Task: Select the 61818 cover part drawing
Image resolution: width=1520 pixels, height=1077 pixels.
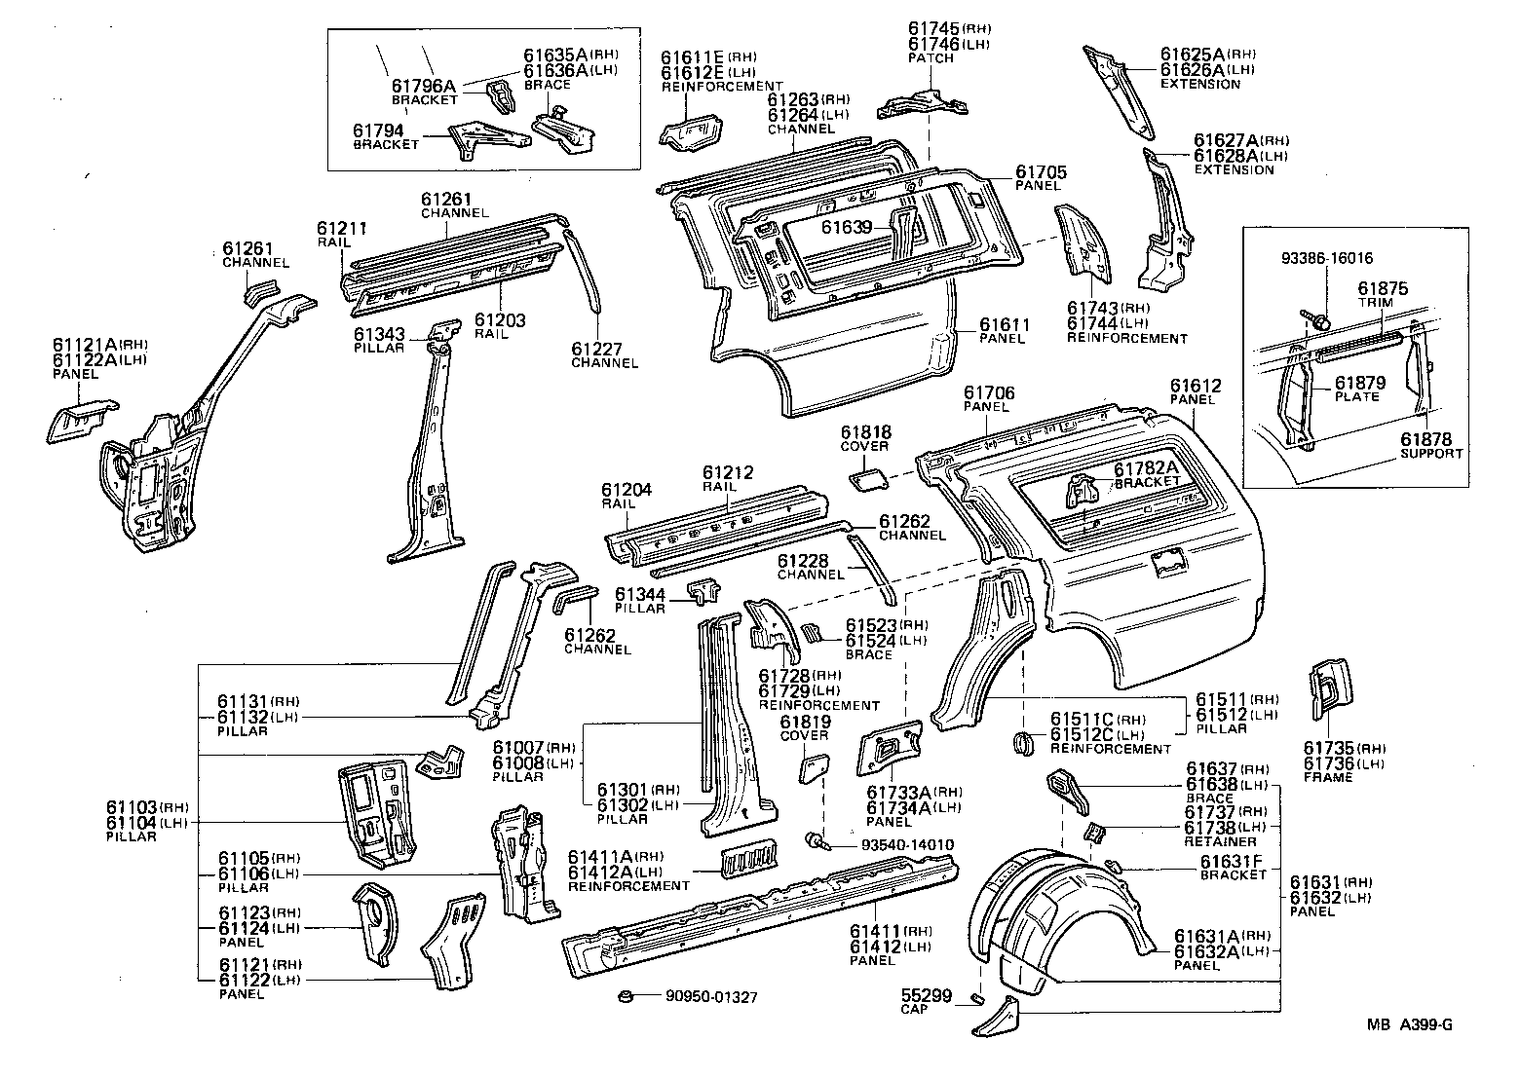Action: click(866, 479)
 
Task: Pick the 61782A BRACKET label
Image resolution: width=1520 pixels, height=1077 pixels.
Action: click(1146, 474)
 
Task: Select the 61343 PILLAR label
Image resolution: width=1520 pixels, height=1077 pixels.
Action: click(379, 340)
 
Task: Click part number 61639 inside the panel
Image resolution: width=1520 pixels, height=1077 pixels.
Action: click(845, 226)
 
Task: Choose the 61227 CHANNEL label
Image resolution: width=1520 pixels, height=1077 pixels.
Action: click(604, 354)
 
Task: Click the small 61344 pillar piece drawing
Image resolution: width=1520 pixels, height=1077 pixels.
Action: click(705, 591)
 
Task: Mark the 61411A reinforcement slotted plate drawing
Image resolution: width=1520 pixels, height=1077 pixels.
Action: click(749, 857)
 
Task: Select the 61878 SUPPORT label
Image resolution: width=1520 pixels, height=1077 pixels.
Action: click(1430, 446)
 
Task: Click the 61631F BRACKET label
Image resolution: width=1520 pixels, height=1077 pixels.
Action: click(1233, 867)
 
